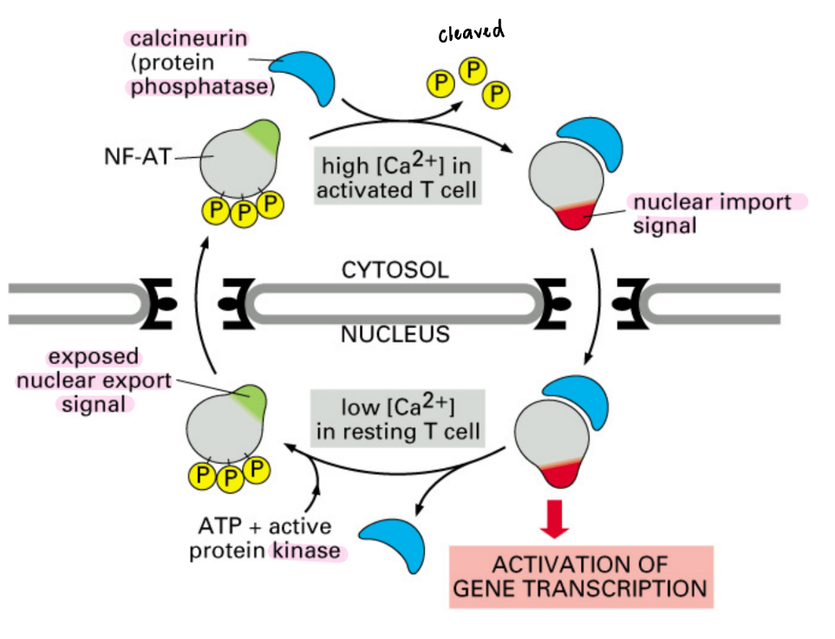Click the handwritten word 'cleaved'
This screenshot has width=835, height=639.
tap(471, 33)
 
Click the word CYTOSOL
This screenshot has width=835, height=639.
tap(395, 271)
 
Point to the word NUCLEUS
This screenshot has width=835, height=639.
tap(395, 333)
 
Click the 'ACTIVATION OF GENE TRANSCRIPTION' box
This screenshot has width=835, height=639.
tap(581, 577)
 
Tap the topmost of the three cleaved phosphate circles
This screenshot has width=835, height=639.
tap(473, 70)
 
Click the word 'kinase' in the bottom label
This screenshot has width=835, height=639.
tap(308, 550)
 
